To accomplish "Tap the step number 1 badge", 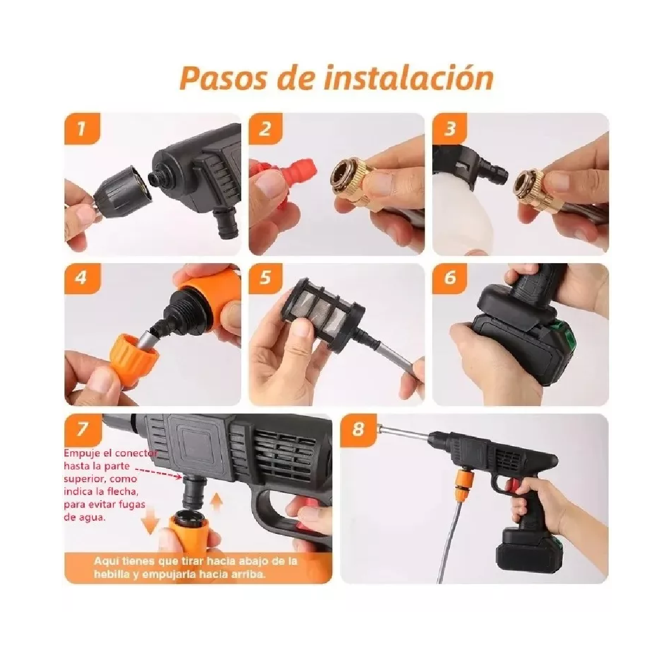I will [81, 129].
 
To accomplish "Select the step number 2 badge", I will [265, 129].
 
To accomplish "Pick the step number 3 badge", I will [449, 129].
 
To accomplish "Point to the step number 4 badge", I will [81, 278].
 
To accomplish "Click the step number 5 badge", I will [265, 278].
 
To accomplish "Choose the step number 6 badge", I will [449, 278].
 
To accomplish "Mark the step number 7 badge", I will [81, 429].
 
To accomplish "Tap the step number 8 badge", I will [358, 429].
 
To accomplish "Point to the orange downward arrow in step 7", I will [149, 524].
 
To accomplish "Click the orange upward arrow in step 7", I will [217, 505].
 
